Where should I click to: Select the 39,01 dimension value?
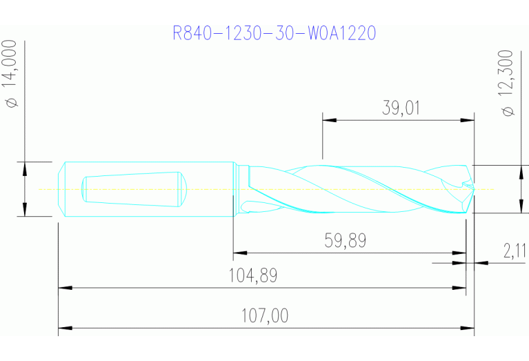(401, 108)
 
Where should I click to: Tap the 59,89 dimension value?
(345, 240)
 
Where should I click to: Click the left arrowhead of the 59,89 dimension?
(239, 253)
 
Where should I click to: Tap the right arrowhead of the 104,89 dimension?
(460, 287)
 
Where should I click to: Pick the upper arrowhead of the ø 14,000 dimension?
(25, 168)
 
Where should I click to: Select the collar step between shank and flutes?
(236, 188)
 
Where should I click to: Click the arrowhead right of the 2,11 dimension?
(481, 262)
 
